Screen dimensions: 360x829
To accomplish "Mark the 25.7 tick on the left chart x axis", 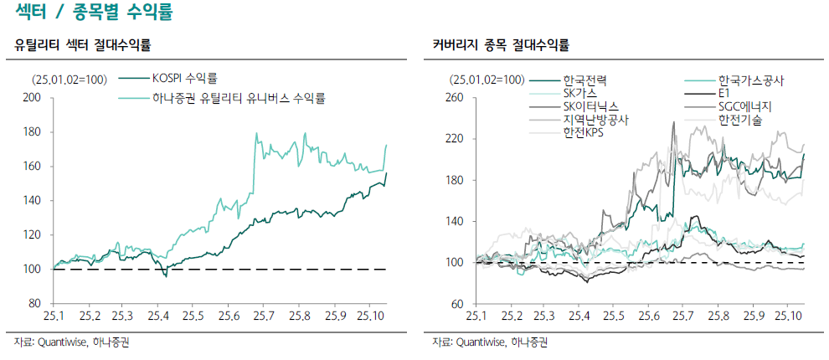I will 264,316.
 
